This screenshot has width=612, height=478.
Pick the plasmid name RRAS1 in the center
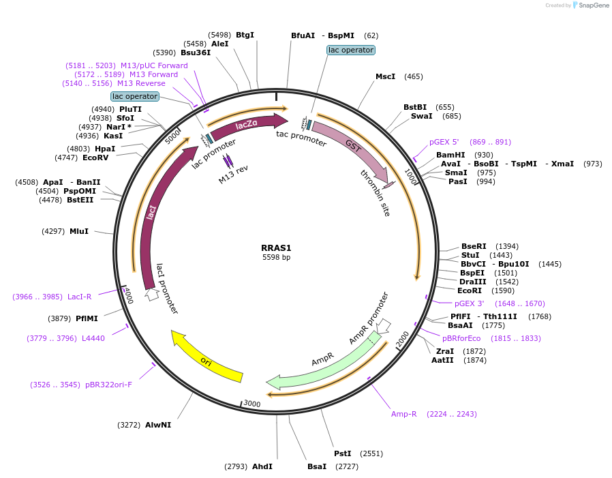point(276,248)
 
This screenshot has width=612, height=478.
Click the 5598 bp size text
point(276,258)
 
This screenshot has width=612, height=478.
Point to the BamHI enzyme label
point(450,155)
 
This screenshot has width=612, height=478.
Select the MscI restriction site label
point(385,76)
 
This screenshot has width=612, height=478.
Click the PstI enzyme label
point(342,453)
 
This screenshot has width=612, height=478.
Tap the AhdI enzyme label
point(262,466)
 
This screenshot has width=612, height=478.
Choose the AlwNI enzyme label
point(158,425)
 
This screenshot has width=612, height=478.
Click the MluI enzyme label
point(79,231)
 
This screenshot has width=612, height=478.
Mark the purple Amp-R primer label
point(403,414)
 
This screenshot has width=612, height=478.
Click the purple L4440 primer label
point(93,338)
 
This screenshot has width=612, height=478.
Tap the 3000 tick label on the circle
point(252,404)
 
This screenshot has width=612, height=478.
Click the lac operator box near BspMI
point(351,50)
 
